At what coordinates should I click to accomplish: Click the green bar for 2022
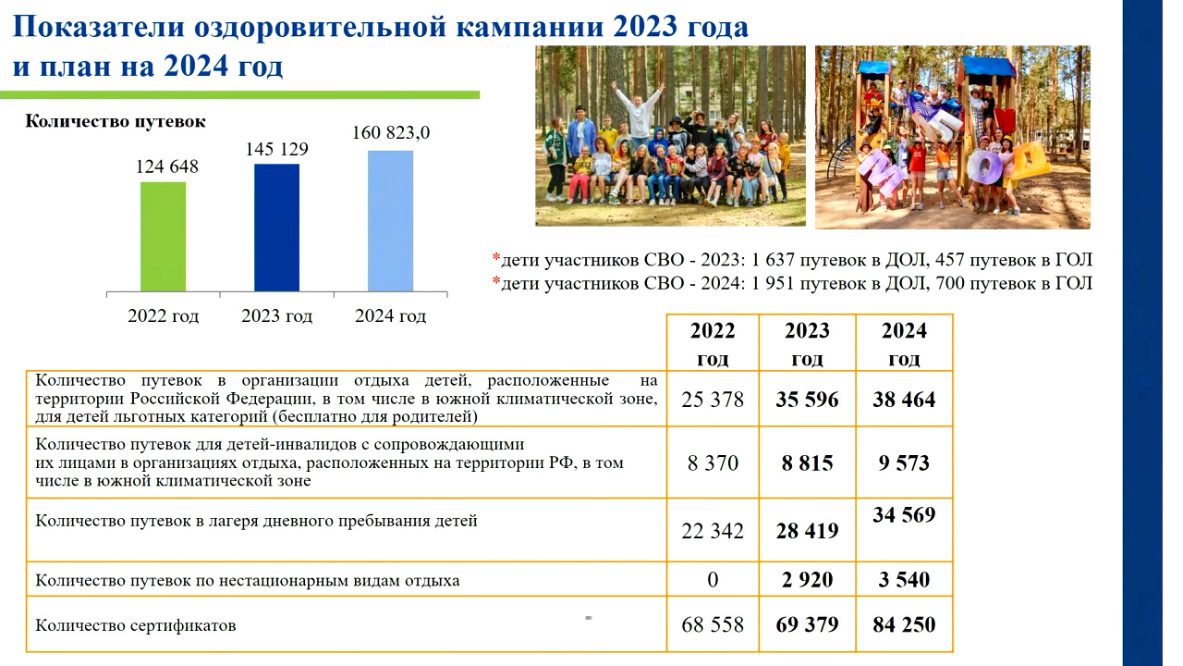pos(164,237)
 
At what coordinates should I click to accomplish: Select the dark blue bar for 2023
pos(276,228)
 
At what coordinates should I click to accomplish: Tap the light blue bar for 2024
pos(390,221)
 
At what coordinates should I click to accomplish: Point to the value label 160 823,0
pos(391,132)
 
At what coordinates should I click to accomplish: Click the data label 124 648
pos(167,166)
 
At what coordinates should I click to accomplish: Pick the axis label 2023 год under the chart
pos(276,315)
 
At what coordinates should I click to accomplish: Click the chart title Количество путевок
pos(116,121)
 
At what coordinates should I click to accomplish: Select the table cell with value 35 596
pos(807,399)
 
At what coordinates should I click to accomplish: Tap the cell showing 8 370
pos(713,463)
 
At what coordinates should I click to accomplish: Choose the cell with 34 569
pos(904,530)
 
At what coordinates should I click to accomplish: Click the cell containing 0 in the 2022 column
pos(713,579)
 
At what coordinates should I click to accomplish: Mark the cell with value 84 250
pos(904,624)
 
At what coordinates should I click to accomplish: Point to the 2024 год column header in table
pos(904,343)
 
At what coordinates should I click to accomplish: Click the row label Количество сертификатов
pos(136,625)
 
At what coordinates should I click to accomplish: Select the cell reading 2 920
pos(807,579)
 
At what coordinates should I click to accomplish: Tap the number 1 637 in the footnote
pos(773,260)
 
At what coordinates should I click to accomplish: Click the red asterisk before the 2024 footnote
pos(496,280)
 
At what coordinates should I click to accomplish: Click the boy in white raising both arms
pos(638,112)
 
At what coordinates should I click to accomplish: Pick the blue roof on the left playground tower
pos(874,68)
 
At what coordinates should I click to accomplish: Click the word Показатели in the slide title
pos(98,27)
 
